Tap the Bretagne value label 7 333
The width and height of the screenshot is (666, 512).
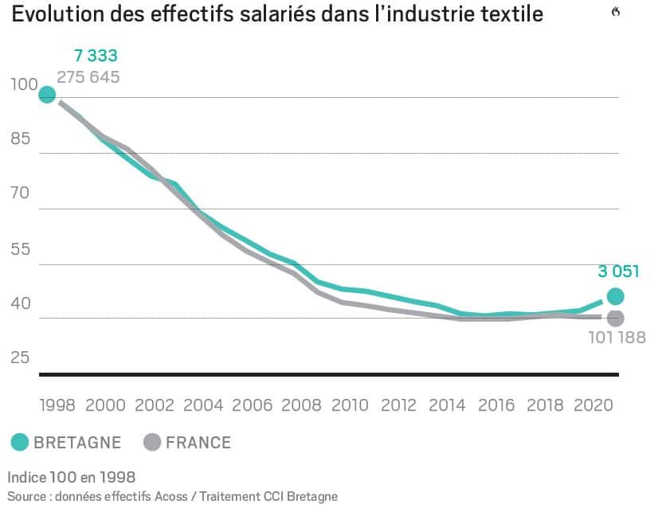[x=96, y=56]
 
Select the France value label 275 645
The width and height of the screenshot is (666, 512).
[x=88, y=77]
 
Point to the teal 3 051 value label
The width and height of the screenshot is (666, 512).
[x=618, y=272]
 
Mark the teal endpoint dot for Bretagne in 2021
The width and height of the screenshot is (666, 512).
[x=615, y=296]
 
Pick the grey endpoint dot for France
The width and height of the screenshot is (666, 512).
[x=615, y=318]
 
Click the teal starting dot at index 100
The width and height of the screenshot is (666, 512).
[x=47, y=95]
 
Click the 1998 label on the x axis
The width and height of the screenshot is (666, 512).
[x=57, y=405]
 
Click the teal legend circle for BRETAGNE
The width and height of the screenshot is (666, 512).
[x=20, y=443]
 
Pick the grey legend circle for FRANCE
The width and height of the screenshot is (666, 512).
[x=151, y=443]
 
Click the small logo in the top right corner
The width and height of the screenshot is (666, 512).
[x=615, y=11]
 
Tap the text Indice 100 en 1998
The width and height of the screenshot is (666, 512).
[x=72, y=478]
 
